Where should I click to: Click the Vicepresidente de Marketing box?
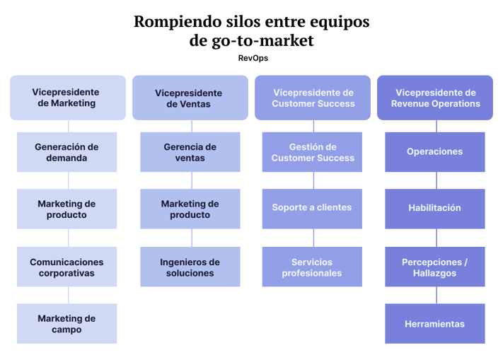pyautogui.click(x=68, y=98)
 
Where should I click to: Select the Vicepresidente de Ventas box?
pyautogui.click(x=190, y=98)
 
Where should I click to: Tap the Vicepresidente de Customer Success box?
pyautogui.click(x=312, y=98)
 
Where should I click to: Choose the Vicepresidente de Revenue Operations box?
pyautogui.click(x=435, y=98)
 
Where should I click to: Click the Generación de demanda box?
pyautogui.click(x=67, y=152)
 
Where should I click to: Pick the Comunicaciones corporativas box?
pyautogui.click(x=67, y=267)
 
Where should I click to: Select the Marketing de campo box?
pyautogui.click(x=67, y=324)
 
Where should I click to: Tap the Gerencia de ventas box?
pyautogui.click(x=190, y=152)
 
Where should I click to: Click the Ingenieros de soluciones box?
pyautogui.click(x=190, y=267)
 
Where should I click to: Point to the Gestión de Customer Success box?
pyautogui.click(x=312, y=152)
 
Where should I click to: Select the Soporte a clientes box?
pyautogui.click(x=312, y=209)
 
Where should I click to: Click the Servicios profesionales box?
pyautogui.click(x=312, y=267)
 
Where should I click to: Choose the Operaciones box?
pyautogui.click(x=435, y=152)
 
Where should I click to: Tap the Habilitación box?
pyautogui.click(x=435, y=209)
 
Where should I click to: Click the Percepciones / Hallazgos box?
pyautogui.click(x=435, y=267)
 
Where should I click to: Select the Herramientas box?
pyautogui.click(x=435, y=324)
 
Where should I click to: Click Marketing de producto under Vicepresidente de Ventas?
pyautogui.click(x=190, y=209)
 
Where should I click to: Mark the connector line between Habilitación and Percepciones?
pyautogui.click(x=436, y=238)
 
